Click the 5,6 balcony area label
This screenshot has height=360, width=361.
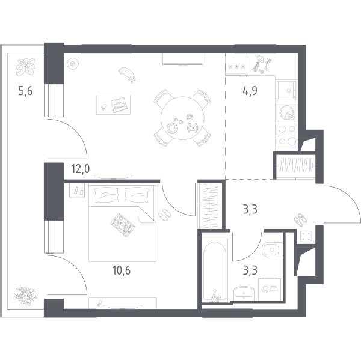point(25,91)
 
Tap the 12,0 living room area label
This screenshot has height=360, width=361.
point(81,169)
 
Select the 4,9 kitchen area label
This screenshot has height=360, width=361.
point(250,91)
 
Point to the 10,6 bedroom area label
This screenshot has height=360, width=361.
point(122,270)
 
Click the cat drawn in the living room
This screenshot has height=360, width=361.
point(127,74)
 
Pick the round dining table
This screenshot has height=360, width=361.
point(182,118)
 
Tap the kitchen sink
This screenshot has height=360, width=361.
point(286,90)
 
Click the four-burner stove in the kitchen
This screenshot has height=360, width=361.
point(286,135)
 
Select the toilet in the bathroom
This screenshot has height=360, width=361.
point(272,249)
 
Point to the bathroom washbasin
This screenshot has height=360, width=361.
point(244,293)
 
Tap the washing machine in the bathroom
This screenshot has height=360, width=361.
point(270,289)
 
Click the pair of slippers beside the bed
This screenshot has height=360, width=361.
point(165,215)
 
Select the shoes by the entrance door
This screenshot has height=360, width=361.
point(301,220)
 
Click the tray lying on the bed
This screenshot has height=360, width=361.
point(123,225)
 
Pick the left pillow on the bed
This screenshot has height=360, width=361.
point(106,195)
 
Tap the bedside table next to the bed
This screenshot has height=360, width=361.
point(77,191)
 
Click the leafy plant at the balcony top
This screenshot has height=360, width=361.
point(25,67)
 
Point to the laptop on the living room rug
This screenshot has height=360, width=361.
point(119,105)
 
